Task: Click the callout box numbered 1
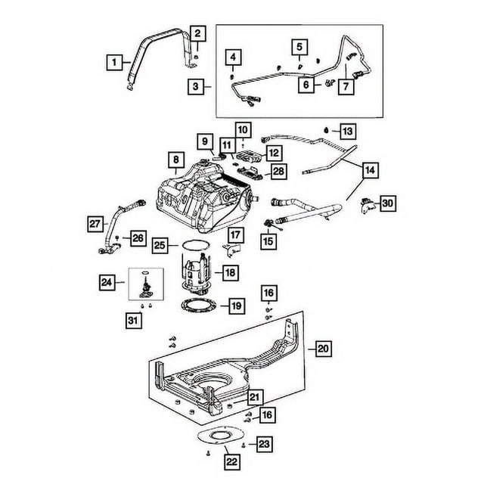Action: pos(113,63)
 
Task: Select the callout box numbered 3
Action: pos(196,88)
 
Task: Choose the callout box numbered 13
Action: pos(347,131)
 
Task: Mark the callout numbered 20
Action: pos(323,349)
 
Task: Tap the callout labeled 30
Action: pos(388,203)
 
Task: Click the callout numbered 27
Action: pos(95,223)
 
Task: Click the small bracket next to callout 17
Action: pos(234,249)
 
